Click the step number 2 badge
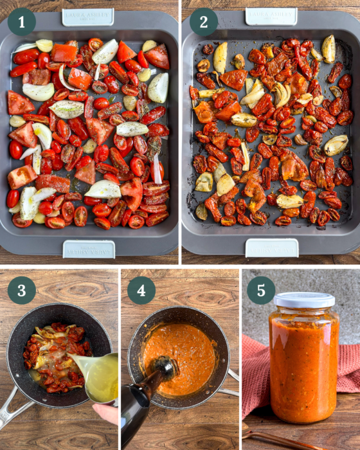pyautogui.click(x=204, y=22)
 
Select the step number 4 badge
pyautogui.click(x=141, y=290)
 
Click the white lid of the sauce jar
pyautogui.click(x=304, y=300)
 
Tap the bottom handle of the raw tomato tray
pyautogui.click(x=89, y=249)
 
